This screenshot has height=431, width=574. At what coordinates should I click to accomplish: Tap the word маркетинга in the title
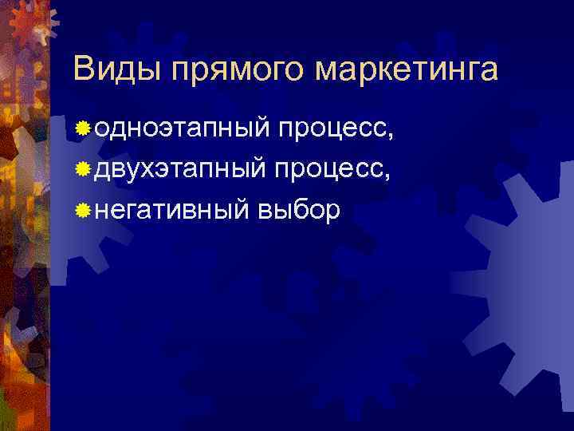(406, 70)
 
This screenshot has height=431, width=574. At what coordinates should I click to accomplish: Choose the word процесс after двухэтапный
(335, 169)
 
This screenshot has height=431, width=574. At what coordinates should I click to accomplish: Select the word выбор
(300, 210)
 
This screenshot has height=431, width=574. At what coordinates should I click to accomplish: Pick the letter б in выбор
(307, 208)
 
